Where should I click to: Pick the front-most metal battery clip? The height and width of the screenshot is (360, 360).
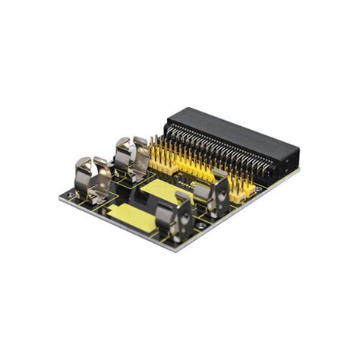(x=173, y=216)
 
